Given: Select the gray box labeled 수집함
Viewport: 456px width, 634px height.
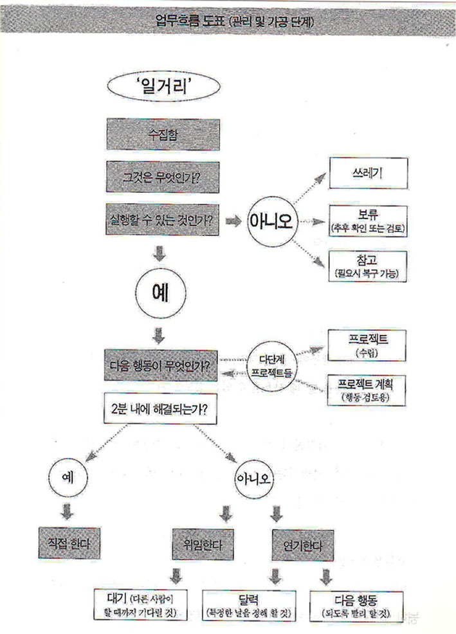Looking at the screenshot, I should pos(162,135).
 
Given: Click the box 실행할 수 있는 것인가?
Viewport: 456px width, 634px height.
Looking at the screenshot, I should pos(162,219).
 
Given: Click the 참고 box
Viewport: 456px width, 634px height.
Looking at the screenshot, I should pos(368,265).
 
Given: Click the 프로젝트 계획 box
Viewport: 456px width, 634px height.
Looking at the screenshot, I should pos(367,388).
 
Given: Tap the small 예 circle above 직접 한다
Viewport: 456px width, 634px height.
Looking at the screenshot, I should pos(67,478).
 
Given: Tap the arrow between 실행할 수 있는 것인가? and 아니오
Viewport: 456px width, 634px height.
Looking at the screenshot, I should pos(234,221).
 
